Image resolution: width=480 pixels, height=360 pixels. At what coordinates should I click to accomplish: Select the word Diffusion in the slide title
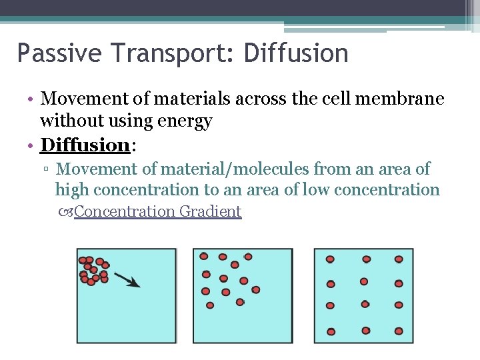point(296,53)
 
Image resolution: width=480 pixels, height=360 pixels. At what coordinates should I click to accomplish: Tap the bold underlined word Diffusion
point(84,145)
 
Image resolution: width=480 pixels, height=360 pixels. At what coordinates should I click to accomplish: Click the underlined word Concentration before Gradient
point(125,212)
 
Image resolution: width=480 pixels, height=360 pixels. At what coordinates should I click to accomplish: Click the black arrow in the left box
point(127,279)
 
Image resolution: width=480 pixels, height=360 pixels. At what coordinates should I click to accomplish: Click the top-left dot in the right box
point(329,259)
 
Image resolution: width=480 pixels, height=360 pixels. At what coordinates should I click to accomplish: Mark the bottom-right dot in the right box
point(399,331)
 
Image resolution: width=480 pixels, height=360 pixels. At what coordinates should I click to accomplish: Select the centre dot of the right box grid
point(364,281)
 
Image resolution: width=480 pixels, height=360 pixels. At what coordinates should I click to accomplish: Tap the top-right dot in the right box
point(399,259)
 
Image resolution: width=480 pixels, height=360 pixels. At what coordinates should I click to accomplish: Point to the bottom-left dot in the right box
point(329,331)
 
